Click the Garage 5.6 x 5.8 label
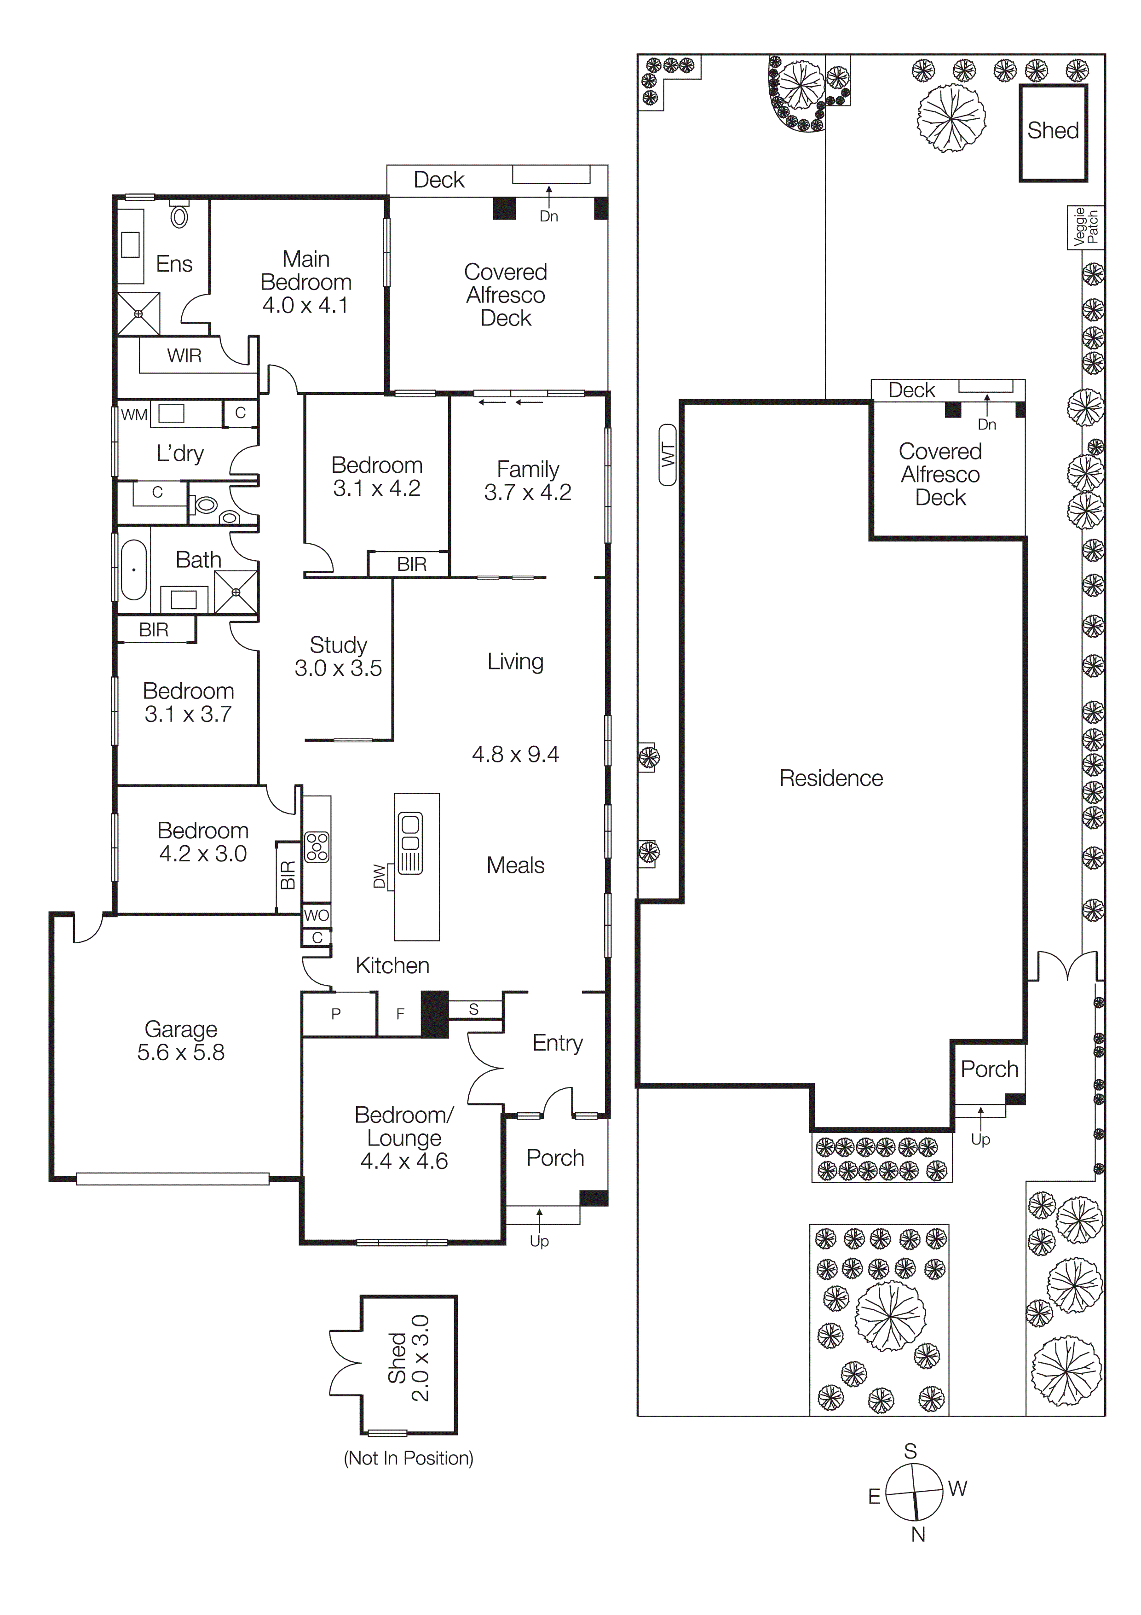[x=181, y=1040]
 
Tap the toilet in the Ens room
[x=180, y=216]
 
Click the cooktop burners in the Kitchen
[x=317, y=847]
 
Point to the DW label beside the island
[x=380, y=877]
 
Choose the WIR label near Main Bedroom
[x=184, y=356]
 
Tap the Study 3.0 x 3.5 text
[x=338, y=656]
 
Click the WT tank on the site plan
[x=668, y=455]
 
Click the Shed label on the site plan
[x=1052, y=131]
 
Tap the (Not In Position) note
[x=409, y=1458]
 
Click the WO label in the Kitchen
[x=317, y=915]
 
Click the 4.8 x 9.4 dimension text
[x=515, y=755]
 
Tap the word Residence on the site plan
[x=831, y=778]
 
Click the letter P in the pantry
[x=336, y=1014]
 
